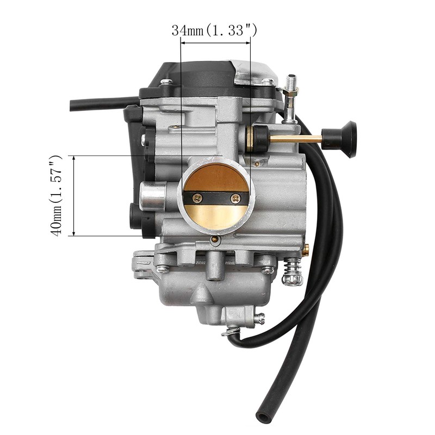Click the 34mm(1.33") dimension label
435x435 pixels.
pyautogui.click(x=214, y=30)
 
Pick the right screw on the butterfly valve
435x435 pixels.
pyautogui.click(x=235, y=198)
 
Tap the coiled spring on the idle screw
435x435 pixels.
pyautogui.click(x=292, y=271)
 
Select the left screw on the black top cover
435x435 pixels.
pyautogui.click(x=166, y=82)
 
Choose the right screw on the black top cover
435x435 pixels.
pyautogui.click(x=268, y=82)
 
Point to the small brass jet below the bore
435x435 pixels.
pyautogui.click(x=215, y=239)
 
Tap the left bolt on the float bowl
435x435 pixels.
pyautogui.click(x=161, y=269)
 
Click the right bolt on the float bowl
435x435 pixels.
pyautogui.click(x=267, y=269)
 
